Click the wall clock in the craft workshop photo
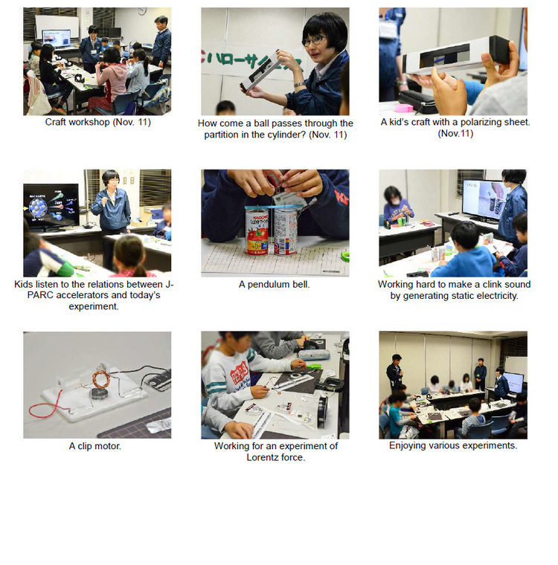pos(142,11)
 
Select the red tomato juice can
pos(257,232)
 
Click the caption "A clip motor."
pos(95,446)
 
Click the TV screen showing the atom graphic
pos(51,206)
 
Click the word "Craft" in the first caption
pos(55,122)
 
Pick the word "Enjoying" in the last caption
pos(406,446)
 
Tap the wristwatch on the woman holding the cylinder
pos(299,85)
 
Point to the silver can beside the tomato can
pos(285,233)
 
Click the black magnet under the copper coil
pos(99,393)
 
